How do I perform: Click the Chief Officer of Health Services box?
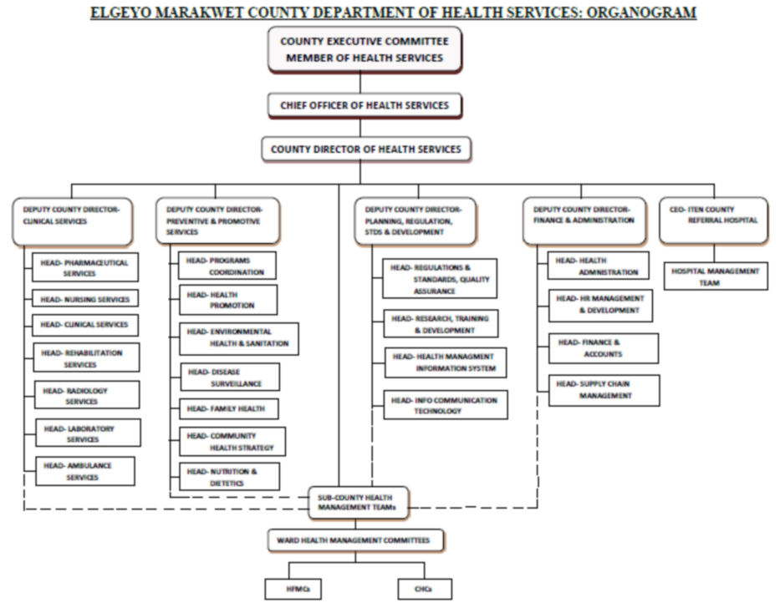365,105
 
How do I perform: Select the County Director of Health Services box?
365,149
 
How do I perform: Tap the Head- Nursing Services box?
85,298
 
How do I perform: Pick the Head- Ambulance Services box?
84,471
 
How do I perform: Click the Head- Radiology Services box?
86,396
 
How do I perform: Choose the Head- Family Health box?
226,409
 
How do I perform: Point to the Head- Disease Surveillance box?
229,377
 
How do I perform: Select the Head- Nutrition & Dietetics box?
229,477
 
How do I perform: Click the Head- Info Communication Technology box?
445,405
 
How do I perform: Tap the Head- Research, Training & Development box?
441,324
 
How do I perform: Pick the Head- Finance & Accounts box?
603,348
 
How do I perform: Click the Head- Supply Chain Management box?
604,390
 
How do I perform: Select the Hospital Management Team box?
716,276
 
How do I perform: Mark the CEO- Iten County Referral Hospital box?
713,220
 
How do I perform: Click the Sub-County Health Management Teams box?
359,502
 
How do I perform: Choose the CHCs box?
425,589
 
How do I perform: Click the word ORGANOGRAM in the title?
642,12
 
